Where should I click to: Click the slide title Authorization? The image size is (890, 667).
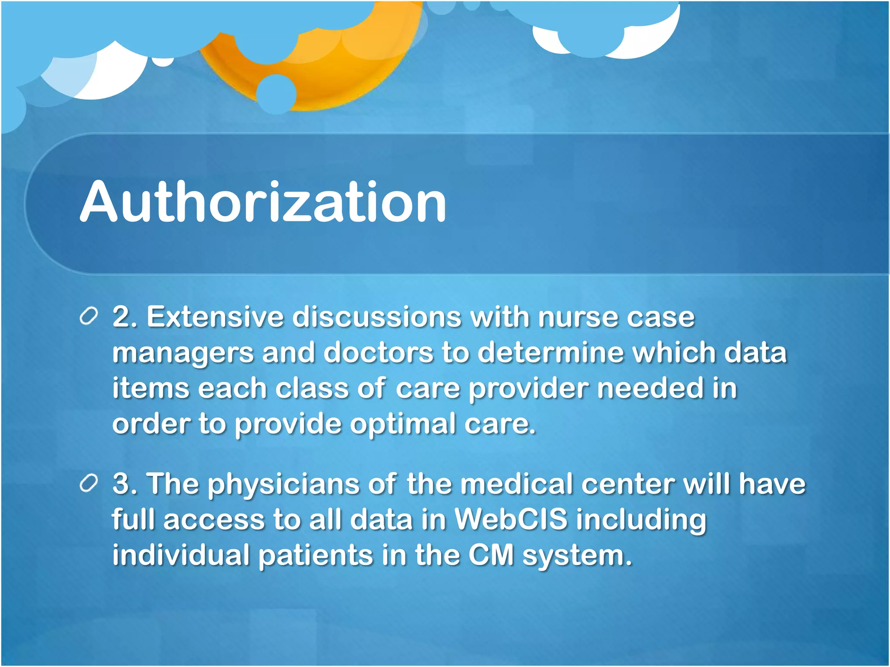click(x=263, y=202)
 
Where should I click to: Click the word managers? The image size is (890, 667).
click(x=183, y=353)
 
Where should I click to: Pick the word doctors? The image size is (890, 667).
click(x=378, y=353)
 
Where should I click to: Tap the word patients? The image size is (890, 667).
click(x=315, y=556)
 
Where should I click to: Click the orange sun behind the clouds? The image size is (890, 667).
click(x=348, y=65)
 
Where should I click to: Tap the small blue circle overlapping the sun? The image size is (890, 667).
click(x=276, y=94)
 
